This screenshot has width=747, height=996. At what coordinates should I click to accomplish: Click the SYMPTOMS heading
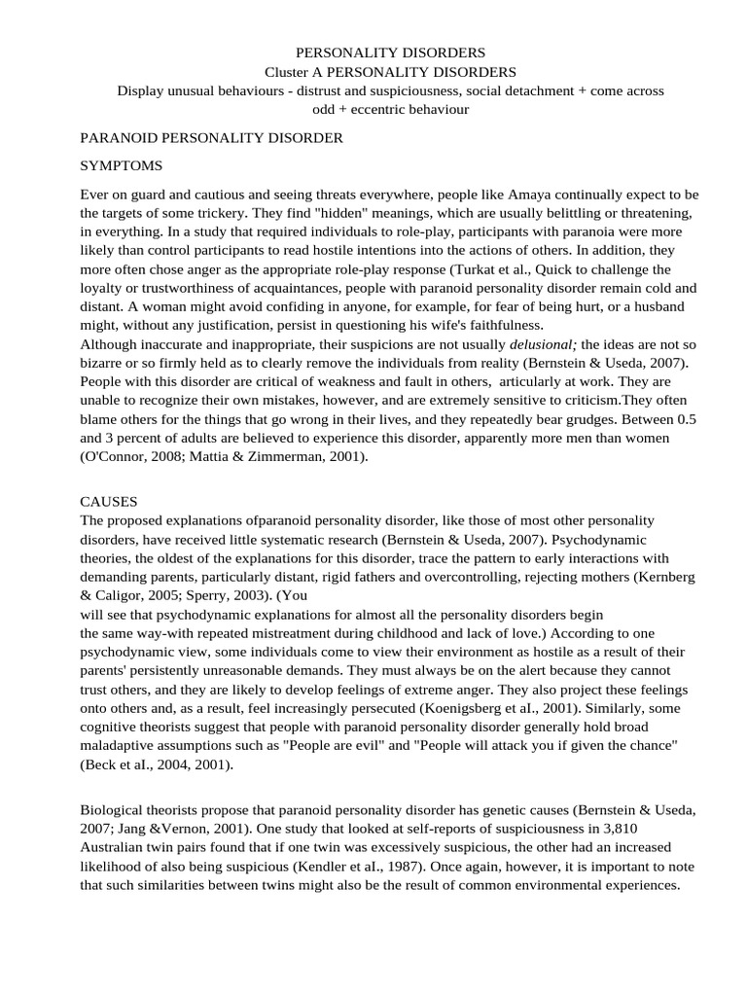[x=121, y=165]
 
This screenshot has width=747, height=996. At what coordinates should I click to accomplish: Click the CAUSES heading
[x=108, y=502]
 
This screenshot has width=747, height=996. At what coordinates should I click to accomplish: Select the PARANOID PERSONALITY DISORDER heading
[x=211, y=138]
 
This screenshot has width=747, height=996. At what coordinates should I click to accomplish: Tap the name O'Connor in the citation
[x=115, y=455]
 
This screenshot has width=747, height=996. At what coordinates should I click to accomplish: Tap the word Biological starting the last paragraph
[x=113, y=809]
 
